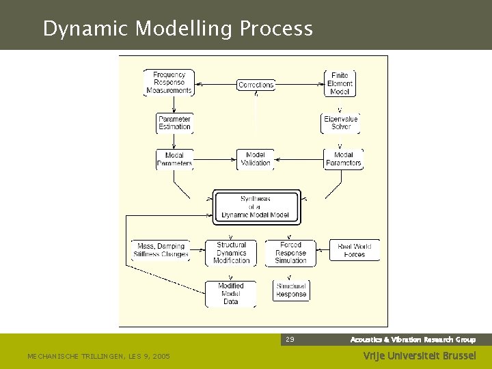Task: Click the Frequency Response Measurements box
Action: click(x=169, y=83)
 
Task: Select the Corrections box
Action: click(x=256, y=85)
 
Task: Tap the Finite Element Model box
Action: click(x=340, y=83)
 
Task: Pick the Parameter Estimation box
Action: click(x=174, y=122)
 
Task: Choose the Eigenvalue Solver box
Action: click(x=340, y=122)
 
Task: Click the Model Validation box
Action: click(x=256, y=159)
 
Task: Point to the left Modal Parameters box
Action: click(x=174, y=159)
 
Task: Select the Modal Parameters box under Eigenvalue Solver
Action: click(x=343, y=159)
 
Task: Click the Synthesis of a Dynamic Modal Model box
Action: click(x=256, y=206)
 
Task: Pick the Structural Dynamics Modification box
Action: click(x=231, y=252)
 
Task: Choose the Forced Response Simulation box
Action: click(x=290, y=252)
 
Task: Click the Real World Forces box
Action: click(x=355, y=250)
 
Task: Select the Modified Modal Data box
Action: click(x=230, y=294)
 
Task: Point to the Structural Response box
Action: click(x=291, y=290)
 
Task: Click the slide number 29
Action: click(x=290, y=340)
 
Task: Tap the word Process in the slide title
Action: click(x=277, y=29)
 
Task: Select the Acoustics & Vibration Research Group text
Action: click(x=413, y=340)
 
